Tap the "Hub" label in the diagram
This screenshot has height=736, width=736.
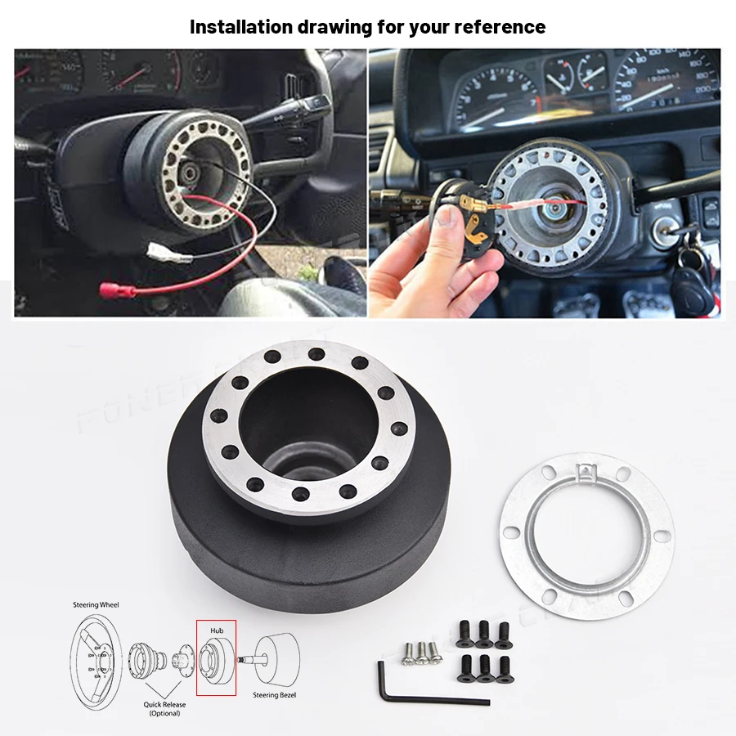[x=216, y=631]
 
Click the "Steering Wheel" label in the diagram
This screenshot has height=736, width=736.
[x=97, y=605]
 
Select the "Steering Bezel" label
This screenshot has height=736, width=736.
[x=276, y=695]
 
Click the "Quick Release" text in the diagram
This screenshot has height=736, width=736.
[x=164, y=704]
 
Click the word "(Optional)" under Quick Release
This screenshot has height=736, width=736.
[x=164, y=713]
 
